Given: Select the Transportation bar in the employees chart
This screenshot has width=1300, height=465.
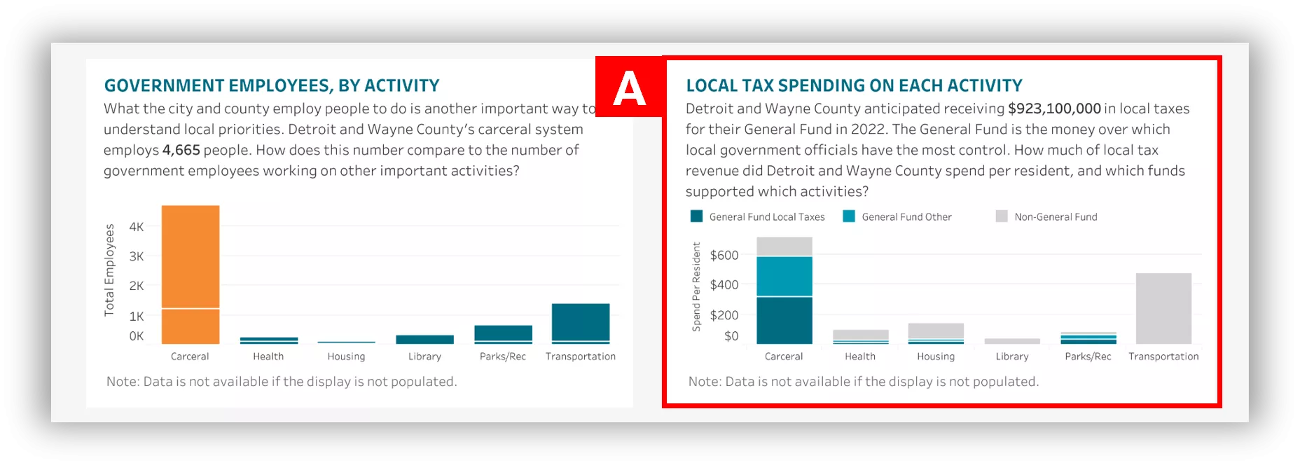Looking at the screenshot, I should point(581,323).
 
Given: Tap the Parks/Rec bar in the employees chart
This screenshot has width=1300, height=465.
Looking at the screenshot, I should point(503,333).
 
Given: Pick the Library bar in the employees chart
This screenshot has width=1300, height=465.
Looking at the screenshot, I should point(424,340).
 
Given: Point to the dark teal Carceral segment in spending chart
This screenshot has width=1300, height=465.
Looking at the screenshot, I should point(784,320).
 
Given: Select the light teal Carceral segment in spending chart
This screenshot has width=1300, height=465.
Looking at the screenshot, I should point(784,277).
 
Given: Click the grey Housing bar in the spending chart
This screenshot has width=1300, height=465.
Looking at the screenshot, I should point(936,331).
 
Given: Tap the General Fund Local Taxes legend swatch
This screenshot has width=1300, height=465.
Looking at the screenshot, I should point(696,216).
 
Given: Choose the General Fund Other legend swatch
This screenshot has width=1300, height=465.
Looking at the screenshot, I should point(849,216).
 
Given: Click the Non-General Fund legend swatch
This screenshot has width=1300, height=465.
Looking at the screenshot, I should point(1002,216).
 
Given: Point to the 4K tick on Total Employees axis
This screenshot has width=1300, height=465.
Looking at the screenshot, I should point(137,227).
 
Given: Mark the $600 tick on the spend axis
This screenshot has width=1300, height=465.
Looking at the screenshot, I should point(724,256).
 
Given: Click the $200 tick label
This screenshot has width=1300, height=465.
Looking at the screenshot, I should point(724,315).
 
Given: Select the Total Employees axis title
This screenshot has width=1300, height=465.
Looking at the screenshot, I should point(109,270).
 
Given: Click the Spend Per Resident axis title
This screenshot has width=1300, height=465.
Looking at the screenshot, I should point(696,286).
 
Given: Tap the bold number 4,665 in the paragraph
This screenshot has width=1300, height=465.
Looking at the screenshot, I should point(181,150).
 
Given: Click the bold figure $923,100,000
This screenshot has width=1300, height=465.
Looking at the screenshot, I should point(1054,109).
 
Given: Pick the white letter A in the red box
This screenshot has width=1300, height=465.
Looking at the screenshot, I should point(629,89).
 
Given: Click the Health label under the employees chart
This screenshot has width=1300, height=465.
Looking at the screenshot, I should point(268,356).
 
